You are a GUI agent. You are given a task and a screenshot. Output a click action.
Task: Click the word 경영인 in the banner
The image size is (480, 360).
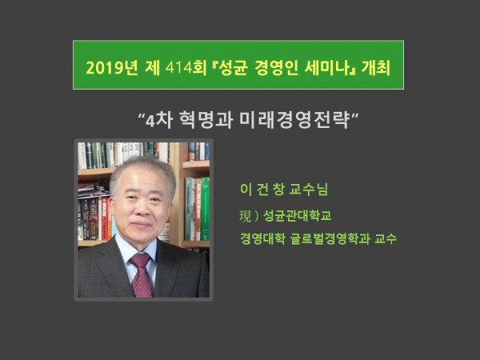pyautogui.click(x=276, y=68)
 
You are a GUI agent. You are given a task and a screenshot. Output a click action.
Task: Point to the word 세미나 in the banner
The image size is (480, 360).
pyautogui.click(x=327, y=68)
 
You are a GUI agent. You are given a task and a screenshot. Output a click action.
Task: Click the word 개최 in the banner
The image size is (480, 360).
pyautogui.click(x=376, y=68)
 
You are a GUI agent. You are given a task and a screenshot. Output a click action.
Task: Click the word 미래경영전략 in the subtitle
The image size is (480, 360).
pyautogui.click(x=294, y=120)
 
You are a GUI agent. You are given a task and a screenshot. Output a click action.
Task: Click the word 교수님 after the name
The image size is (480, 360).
pyautogui.click(x=309, y=189)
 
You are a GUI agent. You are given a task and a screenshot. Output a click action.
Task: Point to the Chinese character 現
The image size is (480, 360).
pyautogui.click(x=246, y=216)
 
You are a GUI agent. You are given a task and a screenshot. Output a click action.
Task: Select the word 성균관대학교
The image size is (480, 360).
pyautogui.click(x=298, y=216)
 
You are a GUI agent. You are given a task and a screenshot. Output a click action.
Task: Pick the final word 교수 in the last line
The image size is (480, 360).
pyautogui.click(x=386, y=238)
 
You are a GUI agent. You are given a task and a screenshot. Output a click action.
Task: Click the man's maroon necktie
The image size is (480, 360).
pyautogui.click(x=142, y=274)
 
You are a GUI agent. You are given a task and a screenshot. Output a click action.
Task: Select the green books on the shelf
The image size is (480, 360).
pyautogui.click(x=198, y=209)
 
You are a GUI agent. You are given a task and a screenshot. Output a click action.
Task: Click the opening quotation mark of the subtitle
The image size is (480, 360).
pyautogui.click(x=142, y=117)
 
